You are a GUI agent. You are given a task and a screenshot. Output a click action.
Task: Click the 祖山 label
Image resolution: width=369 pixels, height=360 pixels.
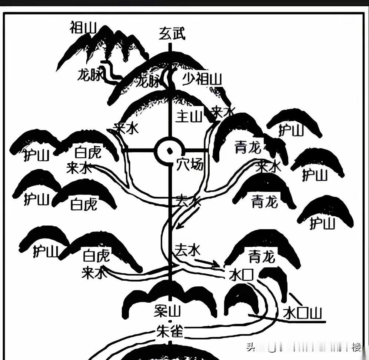pyautogui.click(x=83, y=28)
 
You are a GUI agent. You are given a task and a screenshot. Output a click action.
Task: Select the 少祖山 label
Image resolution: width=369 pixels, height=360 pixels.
pyautogui.click(x=202, y=79)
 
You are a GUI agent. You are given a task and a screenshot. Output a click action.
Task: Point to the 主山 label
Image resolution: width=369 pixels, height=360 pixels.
pyautogui.click(x=189, y=117)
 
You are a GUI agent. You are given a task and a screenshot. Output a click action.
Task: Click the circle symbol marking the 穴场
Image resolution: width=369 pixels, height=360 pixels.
pyautogui.click(x=170, y=151)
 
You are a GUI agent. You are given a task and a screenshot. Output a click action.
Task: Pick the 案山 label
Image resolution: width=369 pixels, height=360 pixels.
pyautogui.click(x=167, y=311)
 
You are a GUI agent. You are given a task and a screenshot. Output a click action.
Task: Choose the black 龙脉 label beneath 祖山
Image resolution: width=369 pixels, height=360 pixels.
pyautogui.click(x=89, y=75)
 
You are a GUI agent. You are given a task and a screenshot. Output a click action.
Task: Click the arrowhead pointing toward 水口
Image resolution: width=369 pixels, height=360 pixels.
pyautogui.click(x=216, y=264)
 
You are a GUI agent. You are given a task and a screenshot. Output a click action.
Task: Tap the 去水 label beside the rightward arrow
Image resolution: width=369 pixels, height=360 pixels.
pyautogui.click(x=187, y=250)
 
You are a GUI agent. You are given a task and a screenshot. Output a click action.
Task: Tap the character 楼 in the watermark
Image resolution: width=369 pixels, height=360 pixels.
pyautogui.click(x=356, y=347)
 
